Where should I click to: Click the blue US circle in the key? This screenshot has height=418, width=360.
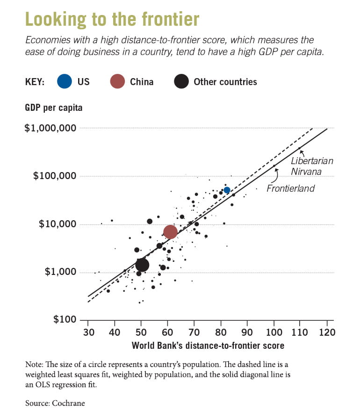pos(65,81)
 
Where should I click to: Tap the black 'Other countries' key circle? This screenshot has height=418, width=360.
pos(181,81)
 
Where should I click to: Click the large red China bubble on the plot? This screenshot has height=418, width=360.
pos(170,231)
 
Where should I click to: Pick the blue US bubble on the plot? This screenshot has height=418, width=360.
pos(227,190)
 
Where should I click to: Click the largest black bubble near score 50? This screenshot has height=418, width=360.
pos(142,265)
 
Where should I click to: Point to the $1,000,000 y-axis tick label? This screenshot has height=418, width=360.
pos(50,128)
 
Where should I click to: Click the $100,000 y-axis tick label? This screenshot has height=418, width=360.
pos(55,176)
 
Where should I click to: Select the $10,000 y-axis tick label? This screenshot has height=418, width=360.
pos(57,224)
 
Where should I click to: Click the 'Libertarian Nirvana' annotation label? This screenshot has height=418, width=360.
pos(312,166)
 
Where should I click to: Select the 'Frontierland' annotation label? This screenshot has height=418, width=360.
pos(290,188)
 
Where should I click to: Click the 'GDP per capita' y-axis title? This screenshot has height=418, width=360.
pos(53,108)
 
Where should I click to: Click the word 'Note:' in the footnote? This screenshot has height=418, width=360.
pos(36,364)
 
